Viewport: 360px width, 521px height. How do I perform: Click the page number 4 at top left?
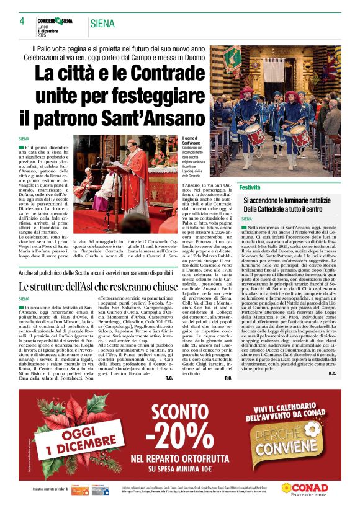coord(22,22)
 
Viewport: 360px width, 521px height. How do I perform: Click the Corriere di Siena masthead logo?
coord(55,21)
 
